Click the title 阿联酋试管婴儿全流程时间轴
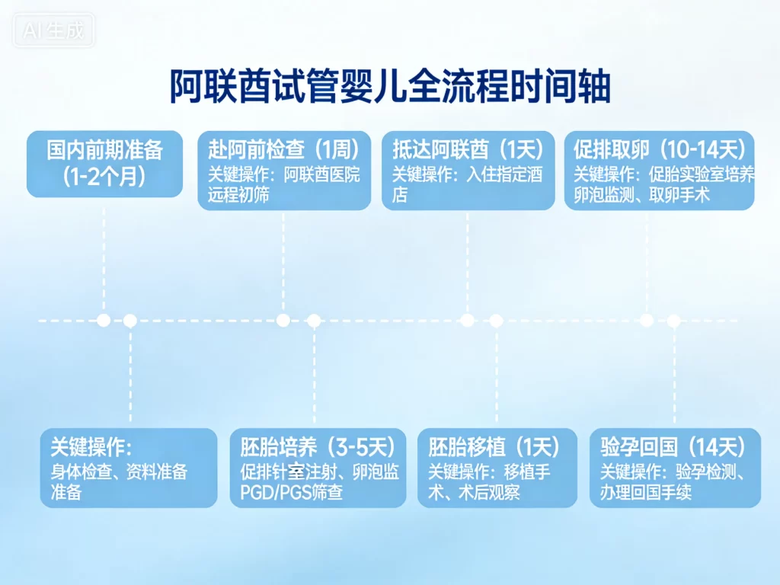tap(389, 86)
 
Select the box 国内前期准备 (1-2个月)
tap(105, 163)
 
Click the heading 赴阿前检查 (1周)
tap(284, 149)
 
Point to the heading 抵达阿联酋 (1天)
tap(468, 149)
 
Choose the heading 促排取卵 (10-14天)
tap(660, 149)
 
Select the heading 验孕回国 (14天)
tap(673, 447)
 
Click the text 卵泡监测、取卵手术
tap(641, 195)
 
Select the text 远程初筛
tap(238, 195)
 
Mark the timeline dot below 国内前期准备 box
tap(104, 320)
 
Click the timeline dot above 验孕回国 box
tap(673, 321)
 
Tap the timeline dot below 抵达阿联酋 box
tap(467, 320)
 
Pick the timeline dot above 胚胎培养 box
tap(313, 321)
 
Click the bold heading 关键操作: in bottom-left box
tap(91, 447)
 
